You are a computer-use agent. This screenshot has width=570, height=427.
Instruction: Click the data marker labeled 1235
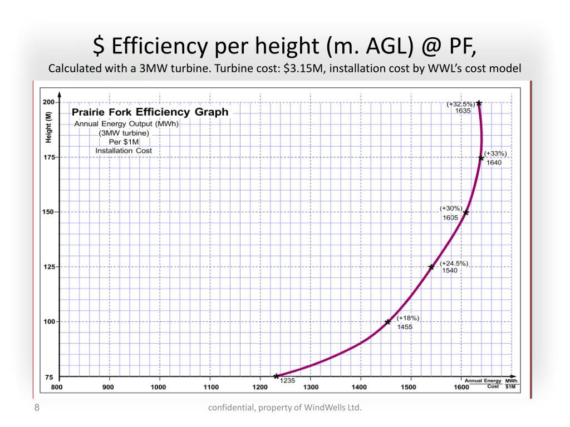click(x=276, y=376)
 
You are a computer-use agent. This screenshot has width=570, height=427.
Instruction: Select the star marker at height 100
click(x=388, y=322)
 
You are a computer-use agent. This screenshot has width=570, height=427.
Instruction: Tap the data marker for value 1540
click(x=431, y=267)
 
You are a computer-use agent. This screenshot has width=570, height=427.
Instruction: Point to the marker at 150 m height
click(x=466, y=212)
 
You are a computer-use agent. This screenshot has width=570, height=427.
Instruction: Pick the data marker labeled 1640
click(x=481, y=158)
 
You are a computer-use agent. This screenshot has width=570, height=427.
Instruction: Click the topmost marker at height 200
click(x=479, y=103)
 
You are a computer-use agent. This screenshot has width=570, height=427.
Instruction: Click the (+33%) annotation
click(x=495, y=153)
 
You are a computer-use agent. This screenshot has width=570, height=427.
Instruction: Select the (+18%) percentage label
click(x=407, y=318)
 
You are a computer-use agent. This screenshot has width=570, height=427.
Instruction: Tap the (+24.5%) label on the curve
click(x=454, y=264)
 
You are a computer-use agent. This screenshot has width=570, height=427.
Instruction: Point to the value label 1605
click(x=450, y=217)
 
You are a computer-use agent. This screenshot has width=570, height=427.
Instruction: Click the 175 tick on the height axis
click(x=48, y=157)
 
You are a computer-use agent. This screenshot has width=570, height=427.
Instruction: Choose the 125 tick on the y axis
click(x=48, y=267)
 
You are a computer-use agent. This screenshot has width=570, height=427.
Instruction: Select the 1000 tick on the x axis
click(x=159, y=387)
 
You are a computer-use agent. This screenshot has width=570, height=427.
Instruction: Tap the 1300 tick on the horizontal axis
click(x=311, y=387)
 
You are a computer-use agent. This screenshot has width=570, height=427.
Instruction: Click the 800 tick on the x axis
click(x=57, y=387)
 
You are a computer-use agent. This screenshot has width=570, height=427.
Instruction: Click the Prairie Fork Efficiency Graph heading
click(x=150, y=112)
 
